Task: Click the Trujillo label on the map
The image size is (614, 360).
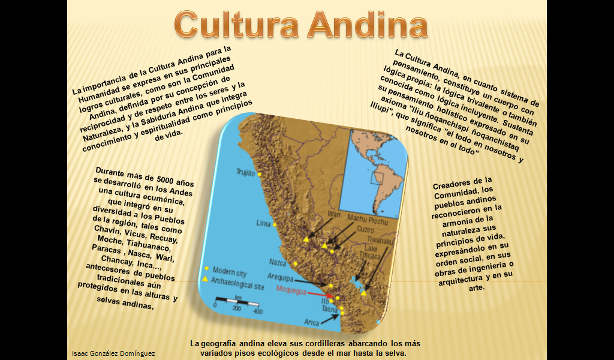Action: tap(246, 172)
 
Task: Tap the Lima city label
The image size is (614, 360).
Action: tap(264, 223)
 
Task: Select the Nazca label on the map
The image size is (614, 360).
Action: tap(278, 262)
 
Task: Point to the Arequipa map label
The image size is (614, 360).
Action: tap(280, 278)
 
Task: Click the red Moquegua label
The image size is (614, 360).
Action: tap(291, 290)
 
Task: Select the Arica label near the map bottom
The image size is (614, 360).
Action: tap(312, 322)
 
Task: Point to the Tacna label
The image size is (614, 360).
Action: tap(330, 310)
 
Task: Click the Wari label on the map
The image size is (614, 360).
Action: tap(333, 214)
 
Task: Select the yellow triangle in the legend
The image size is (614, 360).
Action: tap(206, 280)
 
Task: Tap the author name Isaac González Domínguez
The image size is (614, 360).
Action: tap(113, 353)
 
